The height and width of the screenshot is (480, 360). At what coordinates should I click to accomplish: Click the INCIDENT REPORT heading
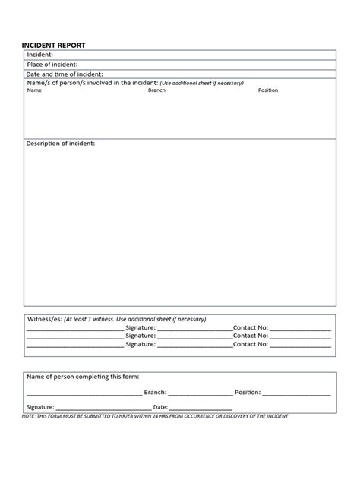pos(53,46)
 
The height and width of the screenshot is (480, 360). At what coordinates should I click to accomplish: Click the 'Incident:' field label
pos(40,55)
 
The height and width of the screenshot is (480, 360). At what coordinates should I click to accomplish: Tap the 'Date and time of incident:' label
pos(64,74)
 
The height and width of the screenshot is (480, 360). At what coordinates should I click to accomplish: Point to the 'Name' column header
pos(34,90)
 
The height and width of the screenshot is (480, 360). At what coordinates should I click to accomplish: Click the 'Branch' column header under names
pos(156,90)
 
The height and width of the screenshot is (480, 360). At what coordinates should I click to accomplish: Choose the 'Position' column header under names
pos(268,90)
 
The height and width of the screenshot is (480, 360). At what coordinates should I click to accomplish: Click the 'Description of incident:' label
pos(61,144)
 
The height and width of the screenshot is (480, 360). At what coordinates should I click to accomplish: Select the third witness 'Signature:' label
pos(141,344)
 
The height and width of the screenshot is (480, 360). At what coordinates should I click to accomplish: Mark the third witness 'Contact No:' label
pos(251,344)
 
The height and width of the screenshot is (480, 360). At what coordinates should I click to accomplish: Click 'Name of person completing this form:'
pos(83,377)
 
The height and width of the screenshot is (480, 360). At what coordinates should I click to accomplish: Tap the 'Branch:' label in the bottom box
pos(154,393)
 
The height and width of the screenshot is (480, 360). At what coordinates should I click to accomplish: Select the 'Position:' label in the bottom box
pos(248,393)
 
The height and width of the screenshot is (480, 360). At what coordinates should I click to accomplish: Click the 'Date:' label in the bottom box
pos(161,407)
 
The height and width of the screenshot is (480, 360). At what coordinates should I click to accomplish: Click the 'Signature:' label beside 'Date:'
pos(40,407)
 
